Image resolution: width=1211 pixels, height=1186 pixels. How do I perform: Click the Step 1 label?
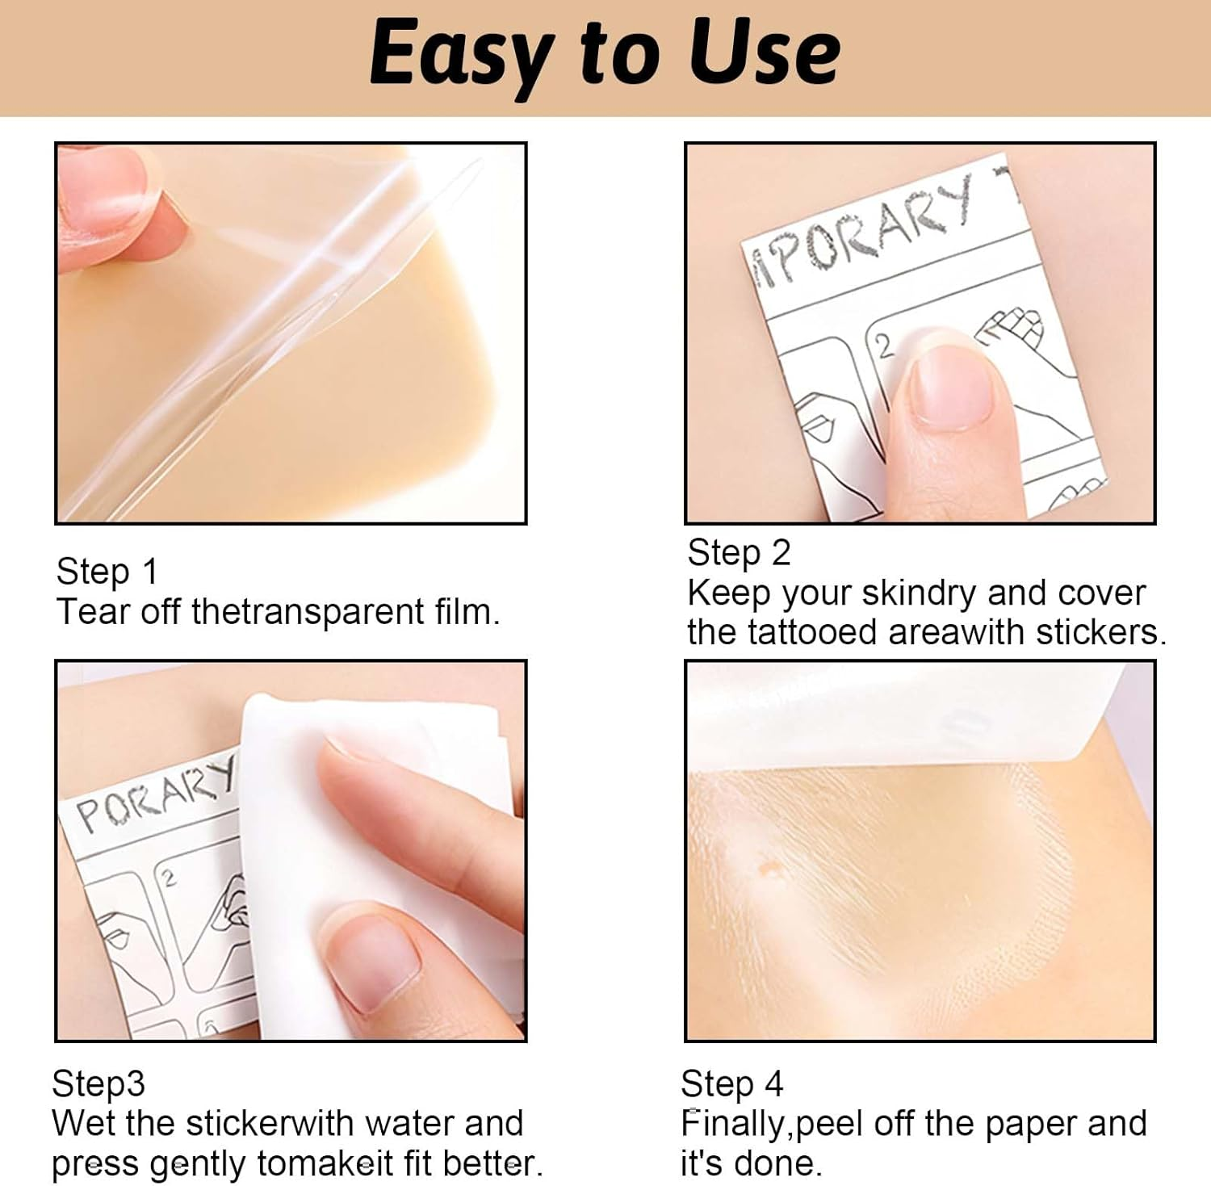(107, 572)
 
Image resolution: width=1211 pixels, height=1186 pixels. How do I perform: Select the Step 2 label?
(738, 553)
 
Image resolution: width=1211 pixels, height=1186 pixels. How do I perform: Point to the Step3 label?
(98, 1083)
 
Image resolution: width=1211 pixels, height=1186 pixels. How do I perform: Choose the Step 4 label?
(731, 1083)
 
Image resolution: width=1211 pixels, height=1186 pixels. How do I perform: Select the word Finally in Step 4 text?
(734, 1124)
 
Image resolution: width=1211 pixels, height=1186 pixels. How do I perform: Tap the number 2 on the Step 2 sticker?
(885, 346)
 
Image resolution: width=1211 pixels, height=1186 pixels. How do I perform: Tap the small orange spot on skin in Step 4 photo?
(768, 870)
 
